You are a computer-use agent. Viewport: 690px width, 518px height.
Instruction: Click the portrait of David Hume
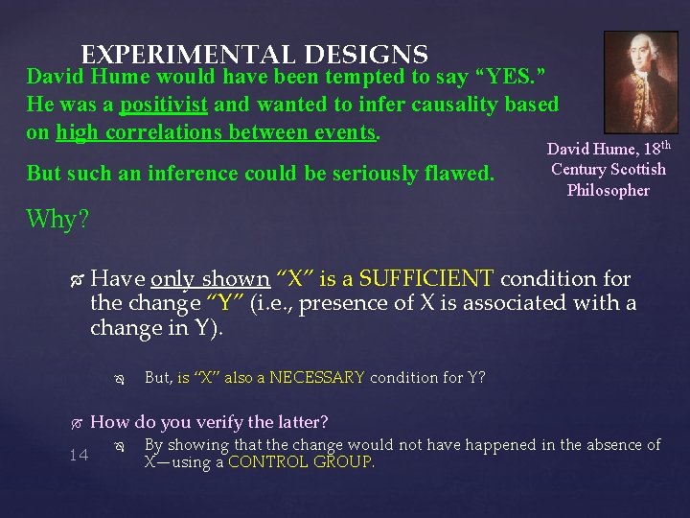640,81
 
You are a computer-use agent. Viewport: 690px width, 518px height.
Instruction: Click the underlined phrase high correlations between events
217,132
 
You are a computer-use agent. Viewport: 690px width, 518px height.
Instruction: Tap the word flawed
463,174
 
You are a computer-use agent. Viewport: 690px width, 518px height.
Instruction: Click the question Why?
57,220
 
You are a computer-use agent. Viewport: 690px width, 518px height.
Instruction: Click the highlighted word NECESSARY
317,377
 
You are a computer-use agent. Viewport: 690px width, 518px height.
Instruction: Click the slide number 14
79,455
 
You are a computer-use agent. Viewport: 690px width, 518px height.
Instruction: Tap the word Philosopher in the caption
608,190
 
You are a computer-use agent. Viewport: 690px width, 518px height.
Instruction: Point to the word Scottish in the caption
634,170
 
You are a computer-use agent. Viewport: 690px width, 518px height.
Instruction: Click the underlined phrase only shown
210,279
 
